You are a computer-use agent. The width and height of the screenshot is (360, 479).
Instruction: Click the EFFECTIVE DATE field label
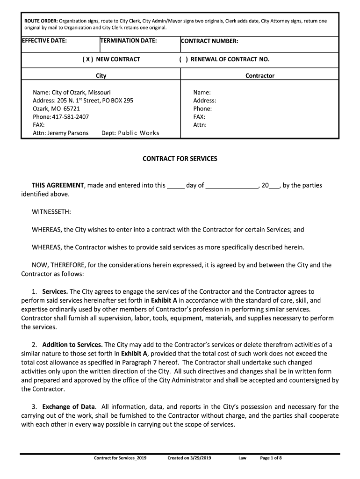pyautogui.click(x=44, y=41)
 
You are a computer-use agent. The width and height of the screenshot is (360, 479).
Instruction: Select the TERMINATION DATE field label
pyautogui.click(x=129, y=41)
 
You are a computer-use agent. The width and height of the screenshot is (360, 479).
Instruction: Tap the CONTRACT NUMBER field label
pyautogui.click(x=209, y=41)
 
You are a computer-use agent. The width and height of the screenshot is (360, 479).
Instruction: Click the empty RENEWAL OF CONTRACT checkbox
pyautogui.click(x=184, y=59)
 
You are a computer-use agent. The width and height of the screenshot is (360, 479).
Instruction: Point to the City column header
pyautogui.click(x=101, y=75)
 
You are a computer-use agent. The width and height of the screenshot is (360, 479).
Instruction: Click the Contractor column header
pyautogui.click(x=260, y=75)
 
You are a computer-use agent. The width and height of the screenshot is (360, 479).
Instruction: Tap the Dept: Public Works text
pyautogui.click(x=130, y=133)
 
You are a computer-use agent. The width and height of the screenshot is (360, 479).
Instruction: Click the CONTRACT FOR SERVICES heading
pyautogui.click(x=180, y=159)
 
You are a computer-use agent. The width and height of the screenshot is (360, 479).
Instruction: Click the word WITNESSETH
pyautogui.click(x=51, y=212)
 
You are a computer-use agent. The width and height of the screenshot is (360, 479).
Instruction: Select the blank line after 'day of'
pyautogui.click(x=232, y=186)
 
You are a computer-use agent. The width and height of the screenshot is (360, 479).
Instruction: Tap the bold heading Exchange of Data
pyautogui.click(x=69, y=406)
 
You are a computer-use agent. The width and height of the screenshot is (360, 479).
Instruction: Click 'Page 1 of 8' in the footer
pyautogui.click(x=271, y=458)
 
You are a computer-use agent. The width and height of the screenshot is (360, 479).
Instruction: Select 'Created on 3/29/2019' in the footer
pyautogui.click(x=189, y=458)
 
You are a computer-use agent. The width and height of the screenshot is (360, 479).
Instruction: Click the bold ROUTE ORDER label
pyautogui.click(x=41, y=21)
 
